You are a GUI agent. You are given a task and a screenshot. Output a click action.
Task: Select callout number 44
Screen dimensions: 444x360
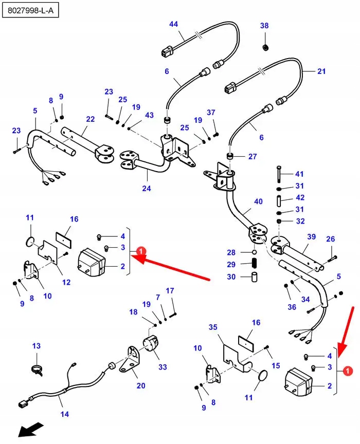point(173,24)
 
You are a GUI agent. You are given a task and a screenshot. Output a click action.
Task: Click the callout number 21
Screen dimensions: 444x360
point(321,71)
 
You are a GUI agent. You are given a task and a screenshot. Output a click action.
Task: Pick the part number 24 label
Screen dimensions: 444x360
point(147,189)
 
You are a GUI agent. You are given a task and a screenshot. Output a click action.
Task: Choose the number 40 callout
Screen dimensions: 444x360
point(258,201)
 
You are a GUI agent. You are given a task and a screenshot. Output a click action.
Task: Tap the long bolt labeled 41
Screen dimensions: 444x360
point(278,175)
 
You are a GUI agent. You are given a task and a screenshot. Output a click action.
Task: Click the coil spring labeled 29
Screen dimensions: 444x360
point(254,265)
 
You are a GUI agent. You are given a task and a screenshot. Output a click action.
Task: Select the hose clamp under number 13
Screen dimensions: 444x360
point(37,368)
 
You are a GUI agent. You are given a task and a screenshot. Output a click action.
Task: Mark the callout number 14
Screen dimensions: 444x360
point(64,414)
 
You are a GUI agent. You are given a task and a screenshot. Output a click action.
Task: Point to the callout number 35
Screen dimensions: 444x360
point(213,327)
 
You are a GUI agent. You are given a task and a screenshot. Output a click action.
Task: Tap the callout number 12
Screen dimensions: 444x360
point(66,282)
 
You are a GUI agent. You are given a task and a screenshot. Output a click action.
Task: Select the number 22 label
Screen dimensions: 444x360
point(91,119)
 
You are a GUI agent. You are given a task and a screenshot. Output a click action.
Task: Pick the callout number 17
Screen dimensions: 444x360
point(170,291)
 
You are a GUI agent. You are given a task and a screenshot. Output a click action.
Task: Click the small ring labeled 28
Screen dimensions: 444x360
point(254,253)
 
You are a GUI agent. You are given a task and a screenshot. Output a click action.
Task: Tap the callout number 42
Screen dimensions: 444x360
point(300,198)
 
